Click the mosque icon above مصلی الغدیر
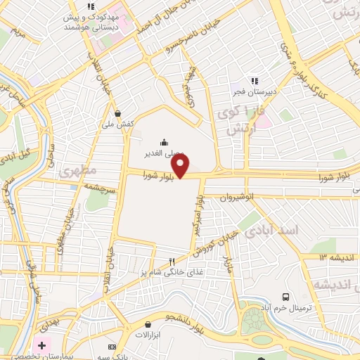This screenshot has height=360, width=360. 164,141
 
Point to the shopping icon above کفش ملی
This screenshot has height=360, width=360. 117,112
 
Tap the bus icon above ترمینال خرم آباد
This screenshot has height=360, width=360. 286,297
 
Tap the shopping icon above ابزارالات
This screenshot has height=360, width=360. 148,324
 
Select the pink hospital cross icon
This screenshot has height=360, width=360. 41,346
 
